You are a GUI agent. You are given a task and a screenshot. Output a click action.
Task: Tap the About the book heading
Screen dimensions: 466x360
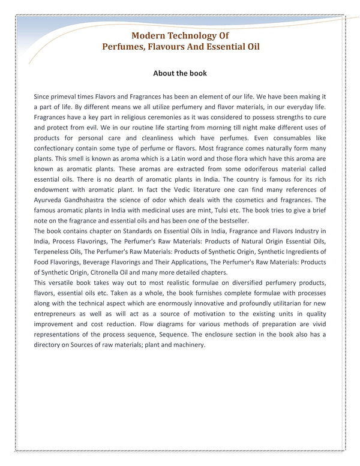click(x=180, y=73)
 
